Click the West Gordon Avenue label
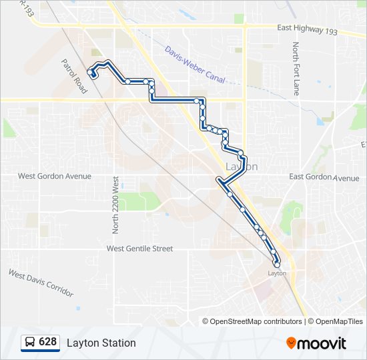[55, 176]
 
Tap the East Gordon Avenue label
[324, 177]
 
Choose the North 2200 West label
[115, 205]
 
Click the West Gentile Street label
[139, 249]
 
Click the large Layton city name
[241, 167]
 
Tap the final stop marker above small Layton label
[277, 265]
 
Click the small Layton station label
[277, 273]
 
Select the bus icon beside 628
[30, 343]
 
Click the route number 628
[47, 342]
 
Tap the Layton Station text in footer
[101, 343]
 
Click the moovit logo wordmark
[322, 343]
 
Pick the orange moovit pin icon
[292, 343]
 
